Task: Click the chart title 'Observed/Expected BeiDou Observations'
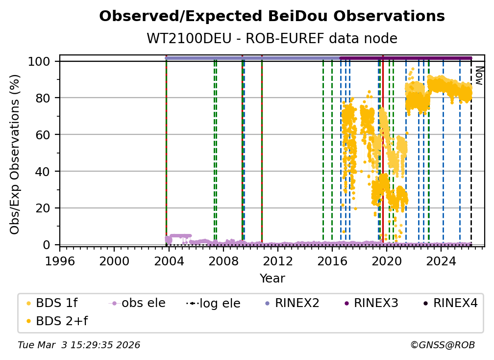click(x=272, y=17)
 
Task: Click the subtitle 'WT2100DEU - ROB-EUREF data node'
click(x=272, y=39)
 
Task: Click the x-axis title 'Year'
click(x=272, y=279)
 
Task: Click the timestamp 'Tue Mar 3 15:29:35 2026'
click(x=79, y=345)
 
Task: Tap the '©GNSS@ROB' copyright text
click(x=442, y=345)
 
